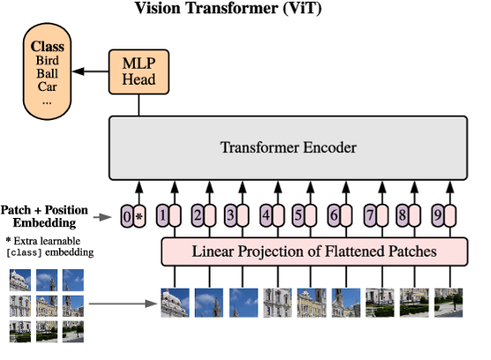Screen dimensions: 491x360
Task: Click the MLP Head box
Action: click(138, 71)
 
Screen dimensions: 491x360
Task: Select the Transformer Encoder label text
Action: click(288, 147)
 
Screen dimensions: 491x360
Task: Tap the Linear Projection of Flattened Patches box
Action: click(315, 251)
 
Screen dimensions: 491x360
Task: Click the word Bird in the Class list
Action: click(48, 60)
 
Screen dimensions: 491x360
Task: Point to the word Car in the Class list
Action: click(48, 86)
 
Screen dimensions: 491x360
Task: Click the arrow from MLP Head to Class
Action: click(91, 71)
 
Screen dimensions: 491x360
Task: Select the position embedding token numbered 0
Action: click(127, 216)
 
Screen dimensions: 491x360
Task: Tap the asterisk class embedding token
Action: click(139, 216)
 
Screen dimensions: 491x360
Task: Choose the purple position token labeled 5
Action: click(299, 215)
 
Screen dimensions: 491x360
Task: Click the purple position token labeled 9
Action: click(438, 215)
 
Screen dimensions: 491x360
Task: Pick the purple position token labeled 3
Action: click(230, 215)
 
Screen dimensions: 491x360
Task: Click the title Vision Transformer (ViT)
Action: click(228, 8)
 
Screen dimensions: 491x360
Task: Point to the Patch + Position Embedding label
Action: click(44, 216)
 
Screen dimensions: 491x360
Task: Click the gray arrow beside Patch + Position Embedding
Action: click(102, 217)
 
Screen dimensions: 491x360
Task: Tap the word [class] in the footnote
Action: click(24, 252)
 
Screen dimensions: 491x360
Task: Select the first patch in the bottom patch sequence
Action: click(175, 303)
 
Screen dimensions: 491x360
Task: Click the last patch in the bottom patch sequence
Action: click(449, 303)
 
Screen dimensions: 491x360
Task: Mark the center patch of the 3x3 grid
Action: click(47, 306)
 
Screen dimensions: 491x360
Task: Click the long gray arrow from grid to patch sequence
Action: click(123, 304)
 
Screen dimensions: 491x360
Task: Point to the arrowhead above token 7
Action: click(382, 187)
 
